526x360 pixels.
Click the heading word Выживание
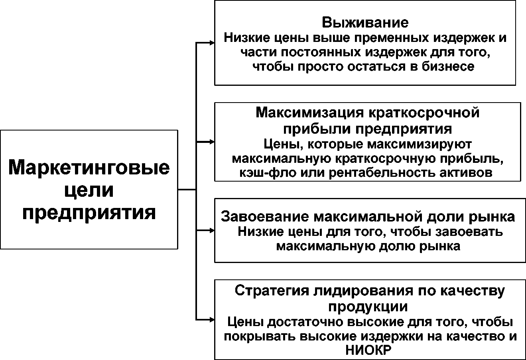[x=365, y=23]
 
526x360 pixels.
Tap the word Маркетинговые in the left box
[x=89, y=168]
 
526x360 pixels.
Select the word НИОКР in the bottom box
[x=368, y=350]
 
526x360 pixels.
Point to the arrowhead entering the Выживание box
[x=212, y=43]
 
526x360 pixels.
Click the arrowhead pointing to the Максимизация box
[x=212, y=142]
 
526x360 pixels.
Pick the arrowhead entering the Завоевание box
[x=212, y=231]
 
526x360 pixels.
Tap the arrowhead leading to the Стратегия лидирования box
[x=212, y=320]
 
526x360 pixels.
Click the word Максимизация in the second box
[x=310, y=113]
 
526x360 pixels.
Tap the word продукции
[x=368, y=307]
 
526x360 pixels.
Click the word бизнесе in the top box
[x=448, y=67]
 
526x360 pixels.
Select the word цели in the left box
[x=89, y=191]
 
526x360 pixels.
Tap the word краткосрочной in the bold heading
[x=424, y=113]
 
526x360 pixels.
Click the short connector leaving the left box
[x=187, y=190]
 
